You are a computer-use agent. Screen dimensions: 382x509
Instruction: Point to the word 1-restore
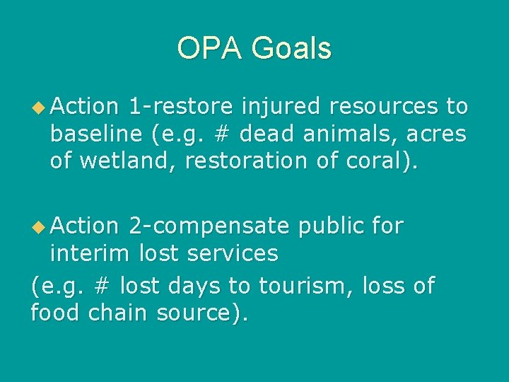coord(181,107)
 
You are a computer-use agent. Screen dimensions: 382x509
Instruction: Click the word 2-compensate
coord(209,226)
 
